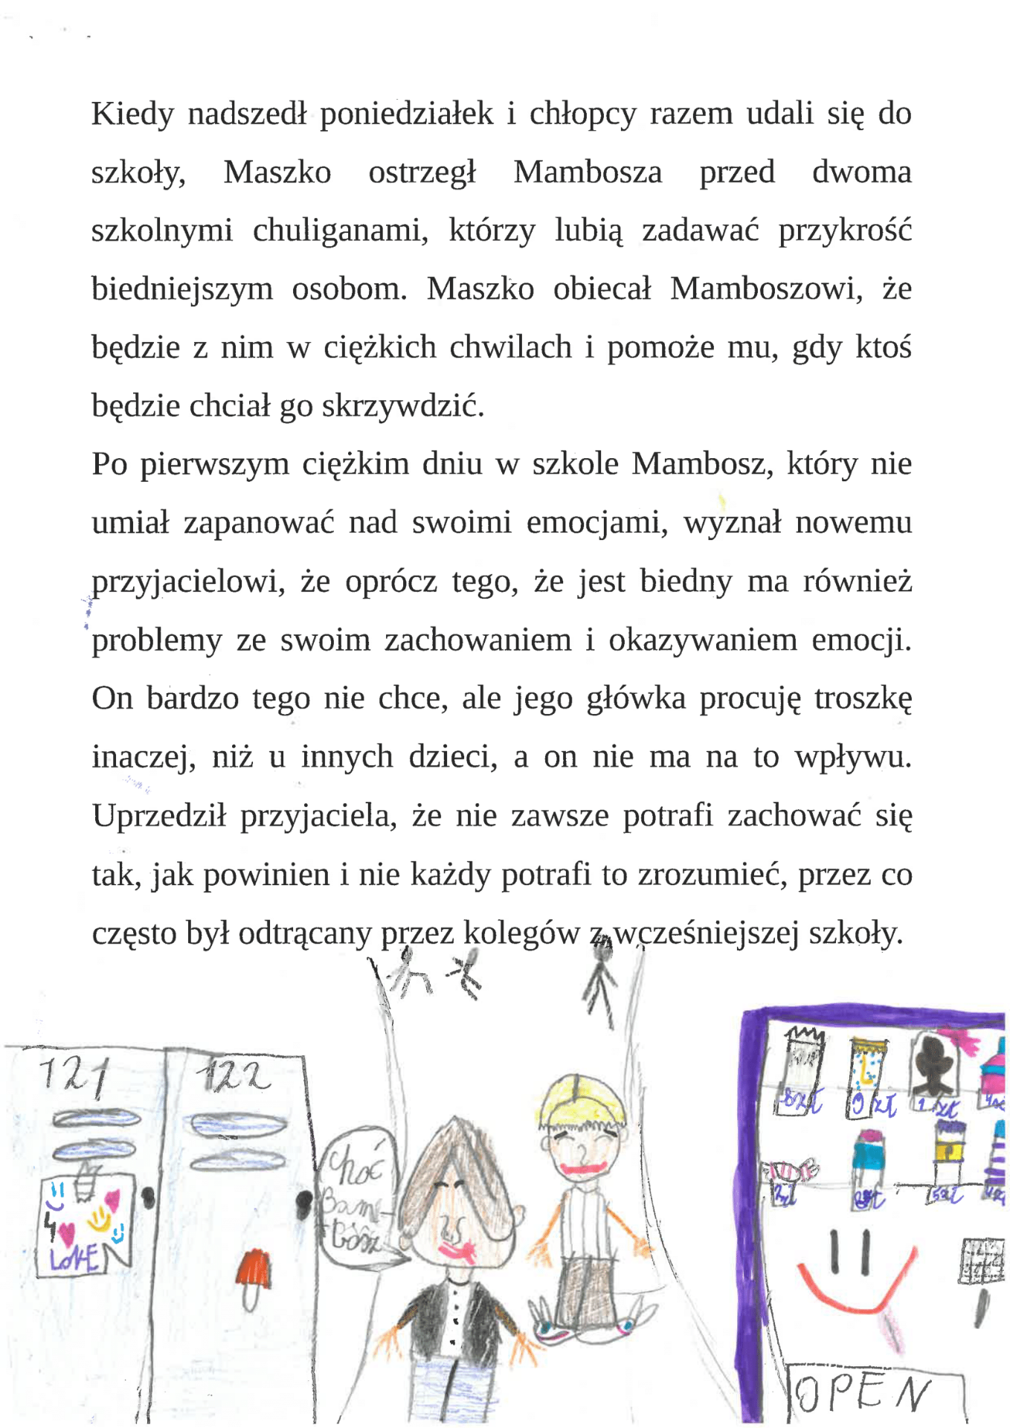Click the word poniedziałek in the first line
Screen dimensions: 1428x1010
tap(406, 115)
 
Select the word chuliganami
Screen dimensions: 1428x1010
tap(340, 231)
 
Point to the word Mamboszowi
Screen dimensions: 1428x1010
tap(765, 289)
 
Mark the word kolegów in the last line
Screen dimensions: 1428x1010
tap(521, 933)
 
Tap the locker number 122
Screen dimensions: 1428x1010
tap(233, 1075)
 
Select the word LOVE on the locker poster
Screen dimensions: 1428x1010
tap(74, 1258)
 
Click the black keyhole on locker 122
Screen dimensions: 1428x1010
tap(303, 1203)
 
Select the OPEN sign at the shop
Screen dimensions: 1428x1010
tap(863, 1392)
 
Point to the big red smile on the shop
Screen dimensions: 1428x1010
tap(855, 1294)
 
